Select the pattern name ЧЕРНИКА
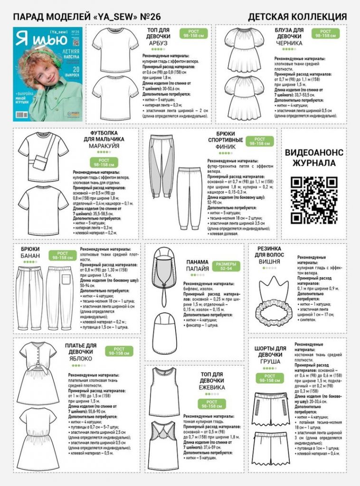(x=289, y=43)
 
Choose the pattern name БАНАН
(x=30, y=256)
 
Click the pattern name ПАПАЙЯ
(x=197, y=269)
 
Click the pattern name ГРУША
(x=270, y=361)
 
